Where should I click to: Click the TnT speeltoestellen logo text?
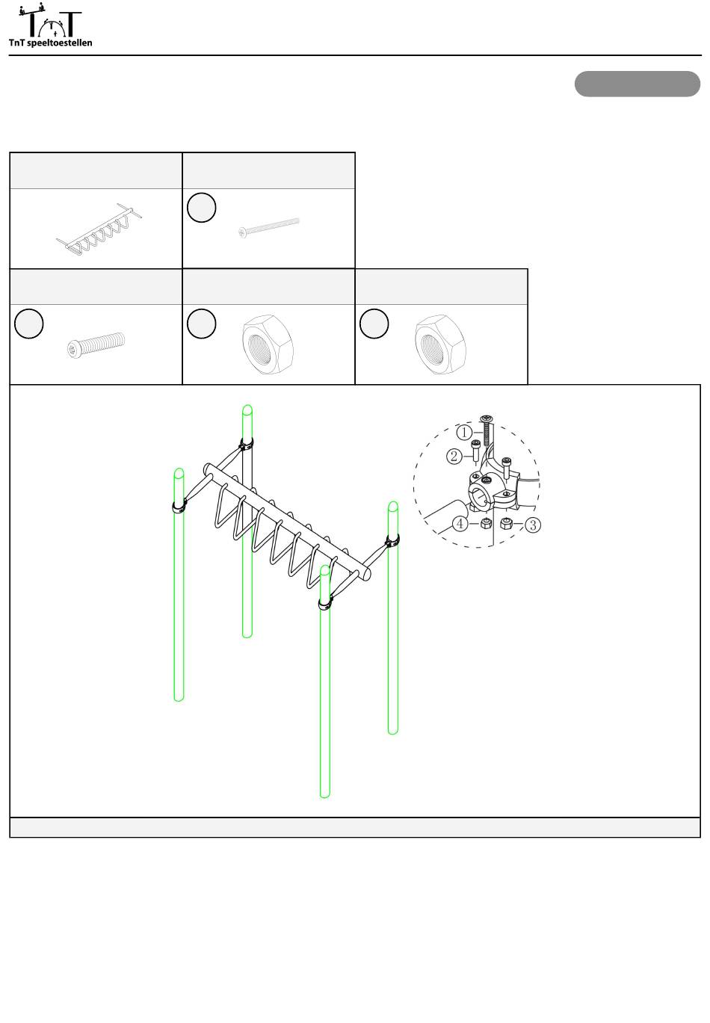coord(50,43)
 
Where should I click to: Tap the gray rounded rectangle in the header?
coord(637,84)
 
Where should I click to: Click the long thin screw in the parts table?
coord(268,227)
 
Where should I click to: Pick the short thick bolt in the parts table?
coord(96,344)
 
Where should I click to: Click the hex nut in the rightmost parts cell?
coord(440,344)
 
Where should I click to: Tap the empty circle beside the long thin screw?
coord(202,208)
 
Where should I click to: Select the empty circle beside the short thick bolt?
coord(29,324)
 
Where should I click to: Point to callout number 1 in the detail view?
coord(464,432)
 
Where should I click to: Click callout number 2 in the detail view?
coord(454,457)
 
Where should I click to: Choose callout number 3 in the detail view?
coord(533,525)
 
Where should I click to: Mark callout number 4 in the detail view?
coord(460,523)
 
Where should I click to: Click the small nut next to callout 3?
coord(506,523)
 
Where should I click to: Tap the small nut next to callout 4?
coord(486,523)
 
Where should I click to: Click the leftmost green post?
coord(179,584)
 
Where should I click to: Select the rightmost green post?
coord(393,618)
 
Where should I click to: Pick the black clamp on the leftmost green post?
coord(179,506)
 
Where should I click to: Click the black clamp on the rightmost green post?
coord(393,541)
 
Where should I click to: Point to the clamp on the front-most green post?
coord(325,604)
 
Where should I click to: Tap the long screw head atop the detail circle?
coord(486,418)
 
